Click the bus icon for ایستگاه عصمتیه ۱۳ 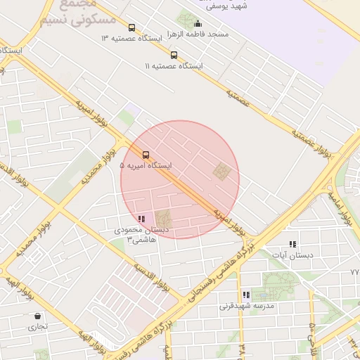(131, 28)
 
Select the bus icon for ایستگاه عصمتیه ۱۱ (174, 55)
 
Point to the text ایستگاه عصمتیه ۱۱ (174, 65)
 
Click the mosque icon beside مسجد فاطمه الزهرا (197, 23)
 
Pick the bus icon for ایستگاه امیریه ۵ (146, 155)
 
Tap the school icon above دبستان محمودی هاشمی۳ (142, 219)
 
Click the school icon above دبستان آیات (292, 243)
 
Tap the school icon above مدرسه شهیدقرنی (246, 295)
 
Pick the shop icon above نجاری (37, 316)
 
